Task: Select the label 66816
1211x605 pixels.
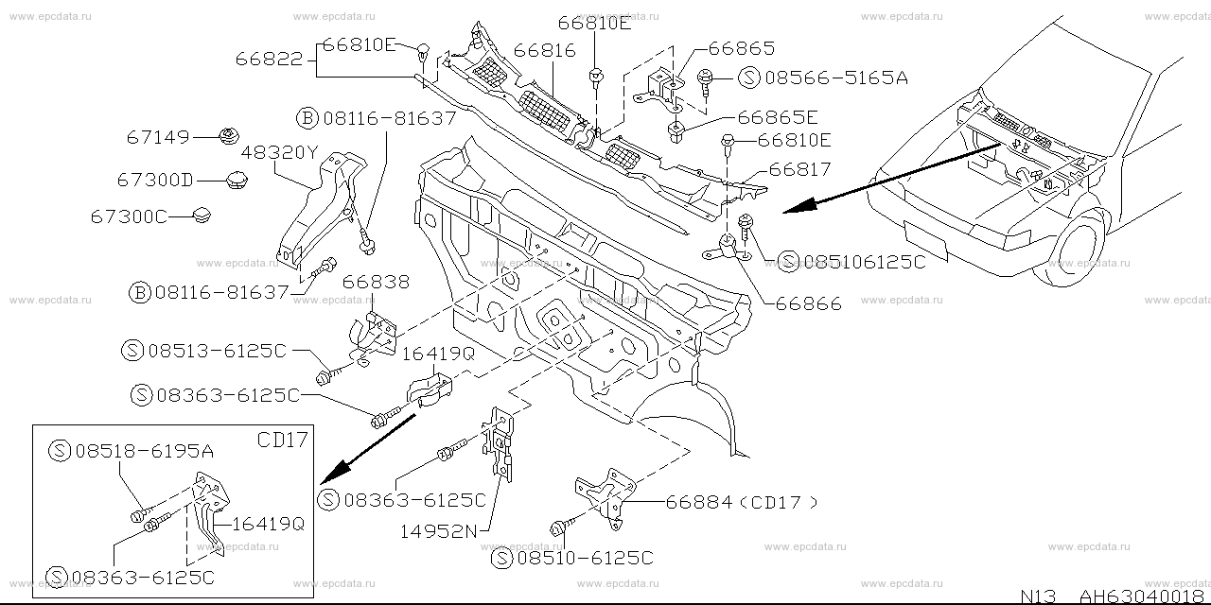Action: pos(544,51)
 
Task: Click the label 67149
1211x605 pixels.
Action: pos(158,137)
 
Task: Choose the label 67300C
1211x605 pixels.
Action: pos(129,216)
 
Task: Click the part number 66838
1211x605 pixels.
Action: pos(376,282)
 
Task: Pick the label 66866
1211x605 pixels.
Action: pos(808,303)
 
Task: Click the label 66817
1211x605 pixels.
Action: pos(799,170)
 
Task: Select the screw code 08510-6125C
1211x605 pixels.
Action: pos(585,558)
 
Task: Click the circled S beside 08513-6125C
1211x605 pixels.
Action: pos(132,350)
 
